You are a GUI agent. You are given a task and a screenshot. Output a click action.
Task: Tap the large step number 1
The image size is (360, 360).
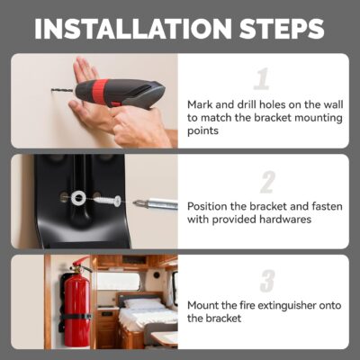pos(262,78)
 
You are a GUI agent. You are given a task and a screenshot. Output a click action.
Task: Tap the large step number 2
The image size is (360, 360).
pos(266,182)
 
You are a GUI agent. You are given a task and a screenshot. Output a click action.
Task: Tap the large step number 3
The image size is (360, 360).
pos(266,281)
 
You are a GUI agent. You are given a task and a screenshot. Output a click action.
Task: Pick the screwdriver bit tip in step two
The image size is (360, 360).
pos(142,203)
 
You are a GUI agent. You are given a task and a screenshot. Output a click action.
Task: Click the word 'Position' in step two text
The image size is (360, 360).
pos(210,205)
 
